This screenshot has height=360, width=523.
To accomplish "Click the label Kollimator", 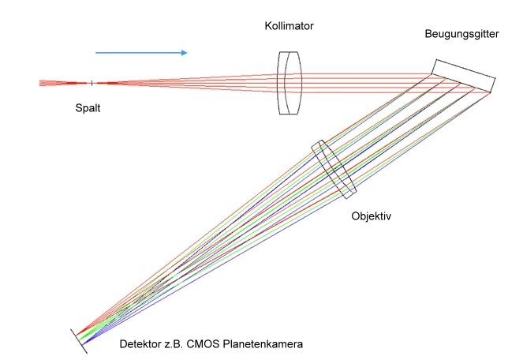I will pyautogui.click(x=289, y=26).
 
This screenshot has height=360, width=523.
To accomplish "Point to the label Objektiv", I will pyautogui.click(x=371, y=214).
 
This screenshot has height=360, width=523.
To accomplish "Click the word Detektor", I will pyautogui.click(x=139, y=344).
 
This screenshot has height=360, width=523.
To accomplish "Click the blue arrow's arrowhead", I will pyautogui.click(x=183, y=53).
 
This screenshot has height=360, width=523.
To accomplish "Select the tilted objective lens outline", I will pyautogui.click(x=334, y=169).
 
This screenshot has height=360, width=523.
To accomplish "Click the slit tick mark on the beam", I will pyautogui.click(x=92, y=83).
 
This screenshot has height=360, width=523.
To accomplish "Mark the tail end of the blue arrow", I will pyautogui.click(x=97, y=53).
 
